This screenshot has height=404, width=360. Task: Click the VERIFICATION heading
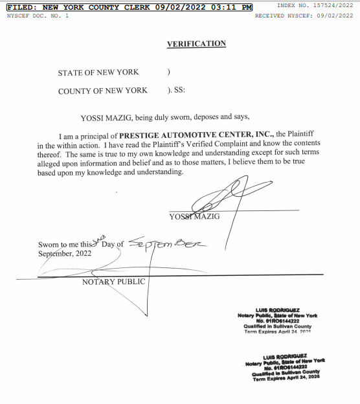(196, 44)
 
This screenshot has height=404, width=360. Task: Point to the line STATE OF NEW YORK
(98, 73)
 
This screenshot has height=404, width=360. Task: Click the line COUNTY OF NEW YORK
(102, 91)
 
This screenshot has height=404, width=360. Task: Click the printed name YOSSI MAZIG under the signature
(194, 216)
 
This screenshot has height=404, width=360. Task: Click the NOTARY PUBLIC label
(113, 282)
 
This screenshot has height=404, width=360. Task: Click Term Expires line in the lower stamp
(286, 378)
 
